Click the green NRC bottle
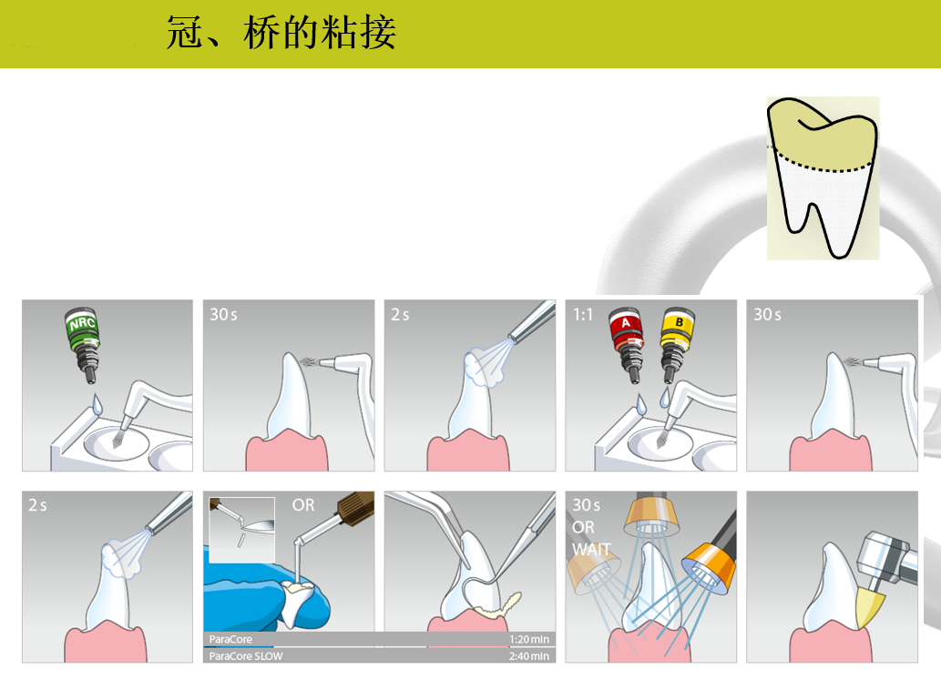pos(83,345)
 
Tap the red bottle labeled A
pos(627,345)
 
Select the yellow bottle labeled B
pos(677,345)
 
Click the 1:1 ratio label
pos(583,315)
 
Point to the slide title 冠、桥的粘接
pos(281,33)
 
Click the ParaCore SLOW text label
pos(245,655)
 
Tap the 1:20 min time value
pos(528,639)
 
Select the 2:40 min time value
pos(528,655)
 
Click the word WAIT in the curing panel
pos(591,549)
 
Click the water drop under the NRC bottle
pos(96,405)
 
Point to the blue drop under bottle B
pos(665,397)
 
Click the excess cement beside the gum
pos(498,605)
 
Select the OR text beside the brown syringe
pos(303,505)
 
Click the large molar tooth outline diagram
pos(823,178)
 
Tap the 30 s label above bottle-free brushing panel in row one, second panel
pos(223,315)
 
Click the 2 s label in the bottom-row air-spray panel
pos(37,505)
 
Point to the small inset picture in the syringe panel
pos(241,530)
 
